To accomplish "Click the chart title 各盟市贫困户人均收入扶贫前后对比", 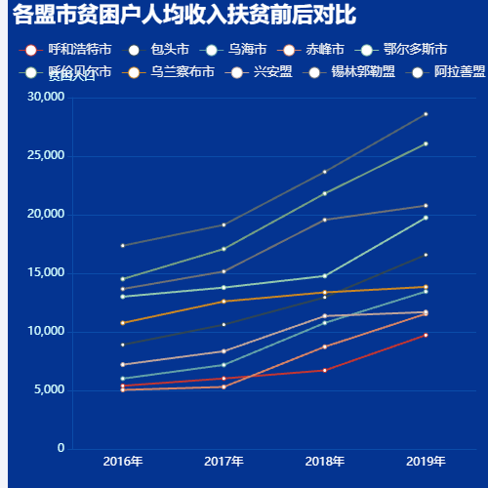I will (x=185, y=17).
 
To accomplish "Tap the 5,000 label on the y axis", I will (x=50, y=389).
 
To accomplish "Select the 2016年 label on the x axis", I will (x=122, y=461).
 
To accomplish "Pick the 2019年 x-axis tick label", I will (x=426, y=461).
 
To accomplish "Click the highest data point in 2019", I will (x=426, y=114).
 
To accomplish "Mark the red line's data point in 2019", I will (x=426, y=335).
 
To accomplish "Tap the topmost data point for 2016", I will (x=122, y=245).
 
